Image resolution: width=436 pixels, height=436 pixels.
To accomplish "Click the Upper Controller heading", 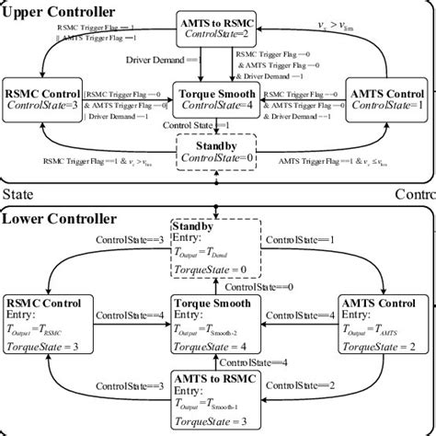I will (x=58, y=12).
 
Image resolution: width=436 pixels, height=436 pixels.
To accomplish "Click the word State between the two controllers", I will (x=18, y=195).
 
